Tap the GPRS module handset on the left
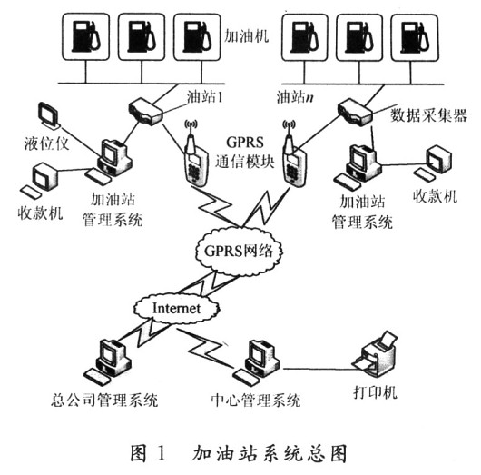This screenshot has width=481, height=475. click(191, 157)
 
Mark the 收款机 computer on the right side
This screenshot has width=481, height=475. click(441, 160)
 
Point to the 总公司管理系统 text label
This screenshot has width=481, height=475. click(105, 400)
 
